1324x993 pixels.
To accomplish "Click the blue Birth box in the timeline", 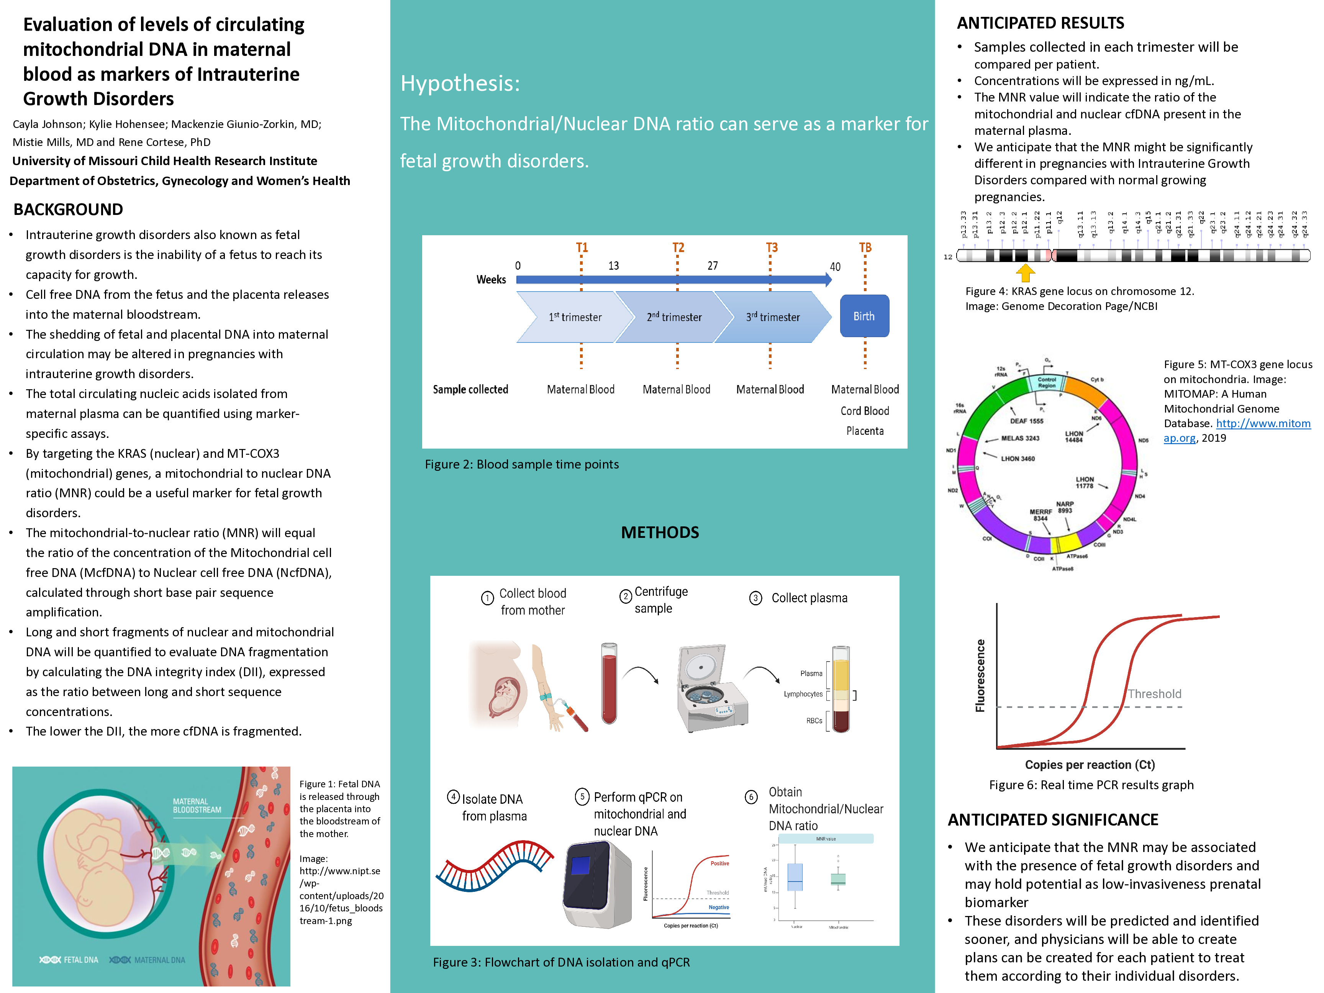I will click(x=864, y=316).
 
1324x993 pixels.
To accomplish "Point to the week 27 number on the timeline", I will click(x=712, y=266).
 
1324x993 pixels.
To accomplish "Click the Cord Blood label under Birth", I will click(x=864, y=411).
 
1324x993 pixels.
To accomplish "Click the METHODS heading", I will click(x=660, y=532).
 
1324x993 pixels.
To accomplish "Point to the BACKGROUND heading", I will click(x=68, y=210).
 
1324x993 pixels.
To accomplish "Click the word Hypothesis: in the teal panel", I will click(x=460, y=83).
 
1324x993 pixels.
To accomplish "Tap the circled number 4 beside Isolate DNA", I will click(x=454, y=797).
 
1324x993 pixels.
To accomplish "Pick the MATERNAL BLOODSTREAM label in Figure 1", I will click(x=197, y=806).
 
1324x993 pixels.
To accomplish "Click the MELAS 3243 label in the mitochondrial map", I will click(x=1020, y=438).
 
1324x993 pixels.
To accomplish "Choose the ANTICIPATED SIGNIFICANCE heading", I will click(x=1053, y=819).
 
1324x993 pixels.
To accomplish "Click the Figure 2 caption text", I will click(x=521, y=464).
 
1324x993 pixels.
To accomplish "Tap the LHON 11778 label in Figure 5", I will click(x=1085, y=482).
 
